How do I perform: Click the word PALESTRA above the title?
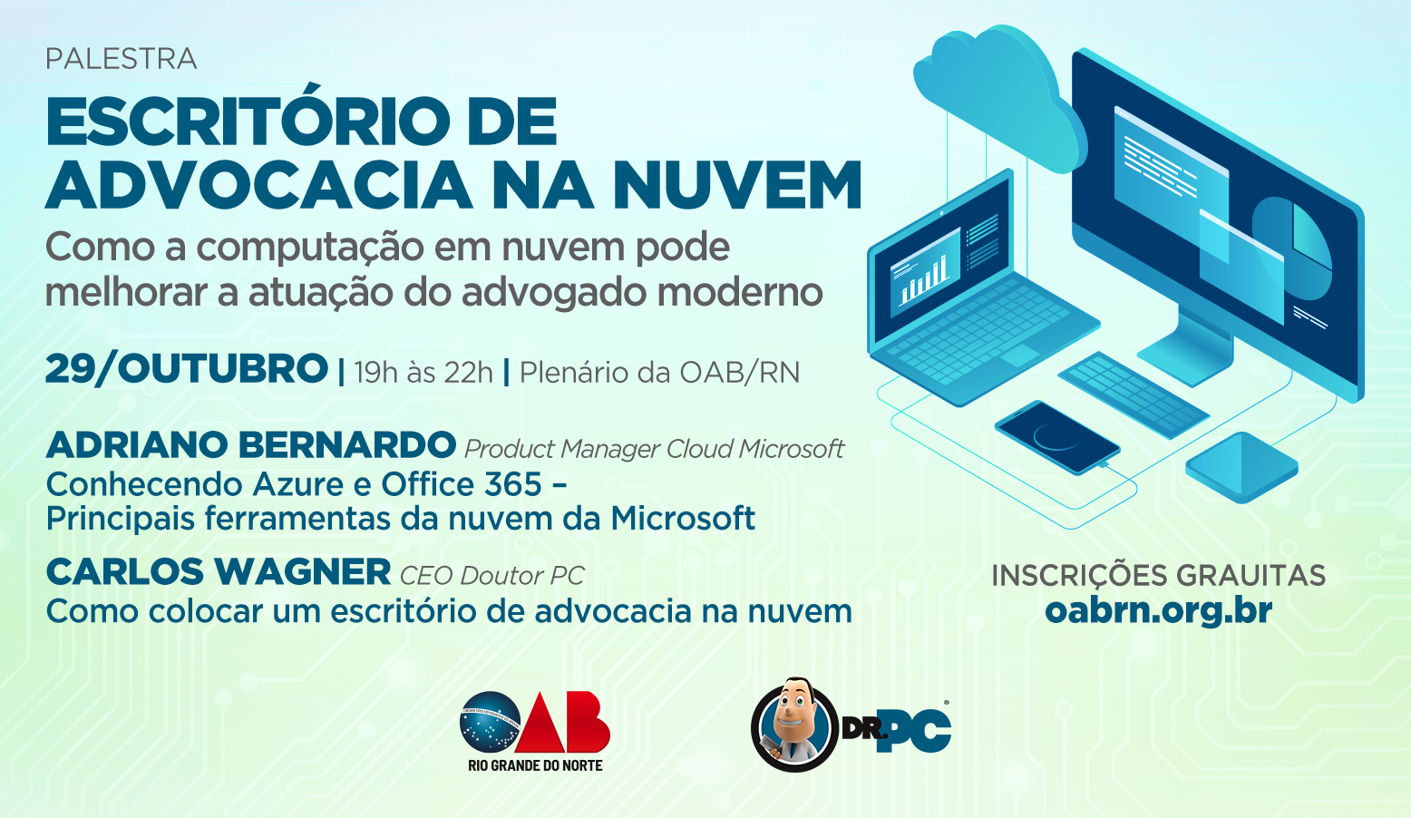click(x=121, y=59)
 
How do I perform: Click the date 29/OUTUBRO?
click(x=187, y=369)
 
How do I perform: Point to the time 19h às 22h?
click(x=423, y=372)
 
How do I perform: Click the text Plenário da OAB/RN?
click(x=659, y=372)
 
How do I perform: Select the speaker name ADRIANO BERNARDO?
click(x=250, y=445)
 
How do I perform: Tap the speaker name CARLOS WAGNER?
click(x=219, y=571)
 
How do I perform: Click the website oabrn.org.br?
click(x=1158, y=611)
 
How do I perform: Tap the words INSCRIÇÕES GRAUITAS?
click(x=1158, y=575)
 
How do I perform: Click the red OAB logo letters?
click(x=562, y=722)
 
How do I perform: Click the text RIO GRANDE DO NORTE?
click(x=535, y=765)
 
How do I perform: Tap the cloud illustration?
click(x=998, y=94)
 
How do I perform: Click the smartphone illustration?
click(x=1057, y=437)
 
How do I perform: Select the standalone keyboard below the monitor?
click(x=1134, y=394)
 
